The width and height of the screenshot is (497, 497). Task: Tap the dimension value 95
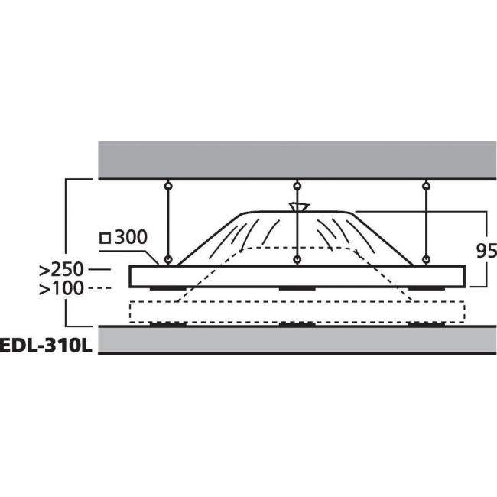486,251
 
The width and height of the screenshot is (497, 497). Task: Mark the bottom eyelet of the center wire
297,261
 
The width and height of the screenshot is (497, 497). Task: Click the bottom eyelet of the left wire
167,261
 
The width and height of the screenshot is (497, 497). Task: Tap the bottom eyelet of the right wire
426,261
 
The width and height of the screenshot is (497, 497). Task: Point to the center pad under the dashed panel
297,324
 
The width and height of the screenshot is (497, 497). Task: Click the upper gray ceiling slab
297,159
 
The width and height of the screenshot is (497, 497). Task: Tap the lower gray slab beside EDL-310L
297,341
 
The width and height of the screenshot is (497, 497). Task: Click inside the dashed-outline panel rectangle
229,311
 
